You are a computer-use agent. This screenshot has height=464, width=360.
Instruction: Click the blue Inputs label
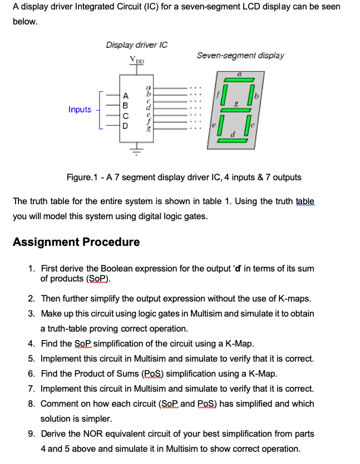tap(80, 110)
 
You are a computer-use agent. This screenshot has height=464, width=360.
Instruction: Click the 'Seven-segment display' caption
tap(240, 56)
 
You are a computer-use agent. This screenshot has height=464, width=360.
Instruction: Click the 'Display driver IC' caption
tap(137, 45)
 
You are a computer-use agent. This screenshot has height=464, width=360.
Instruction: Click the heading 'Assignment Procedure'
tap(76, 242)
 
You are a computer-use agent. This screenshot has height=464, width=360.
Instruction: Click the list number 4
tap(31, 344)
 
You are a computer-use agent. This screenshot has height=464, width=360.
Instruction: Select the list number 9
tap(31, 434)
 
